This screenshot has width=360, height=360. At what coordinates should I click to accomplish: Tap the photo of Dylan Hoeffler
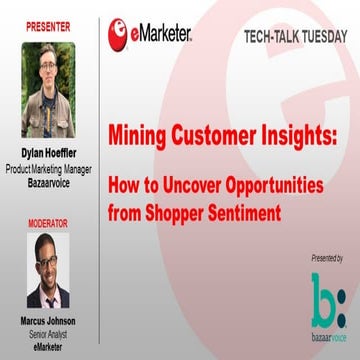[48, 90]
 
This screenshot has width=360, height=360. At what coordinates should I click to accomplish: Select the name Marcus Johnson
[48, 323]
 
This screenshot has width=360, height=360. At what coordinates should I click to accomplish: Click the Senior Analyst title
[48, 335]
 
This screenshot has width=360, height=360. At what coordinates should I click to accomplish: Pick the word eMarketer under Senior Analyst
[48, 347]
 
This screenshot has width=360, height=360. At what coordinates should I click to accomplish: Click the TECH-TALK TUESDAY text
[295, 37]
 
